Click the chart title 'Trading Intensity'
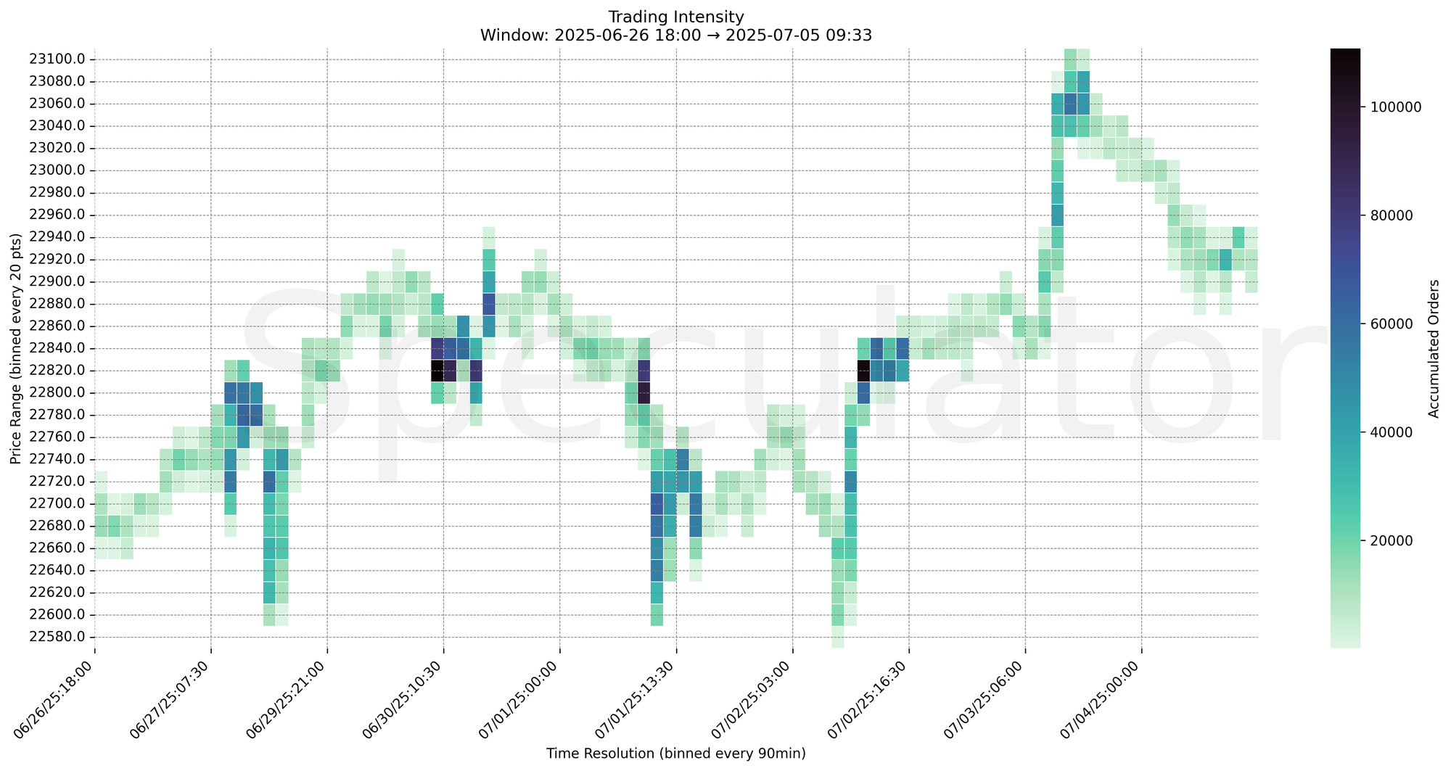pyautogui.click(x=676, y=17)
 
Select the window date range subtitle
pyautogui.click(x=676, y=35)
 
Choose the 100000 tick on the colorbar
pyautogui.click(x=1390, y=107)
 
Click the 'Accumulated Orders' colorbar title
pyautogui.click(x=1434, y=348)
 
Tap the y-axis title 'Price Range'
pyautogui.click(x=16, y=348)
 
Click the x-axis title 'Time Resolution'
pyautogui.click(x=676, y=754)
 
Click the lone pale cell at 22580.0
pyautogui.click(x=838, y=637)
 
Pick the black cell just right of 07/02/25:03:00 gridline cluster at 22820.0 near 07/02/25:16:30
pyautogui.click(x=863, y=371)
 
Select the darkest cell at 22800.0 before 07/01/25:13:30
pyautogui.click(x=644, y=393)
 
